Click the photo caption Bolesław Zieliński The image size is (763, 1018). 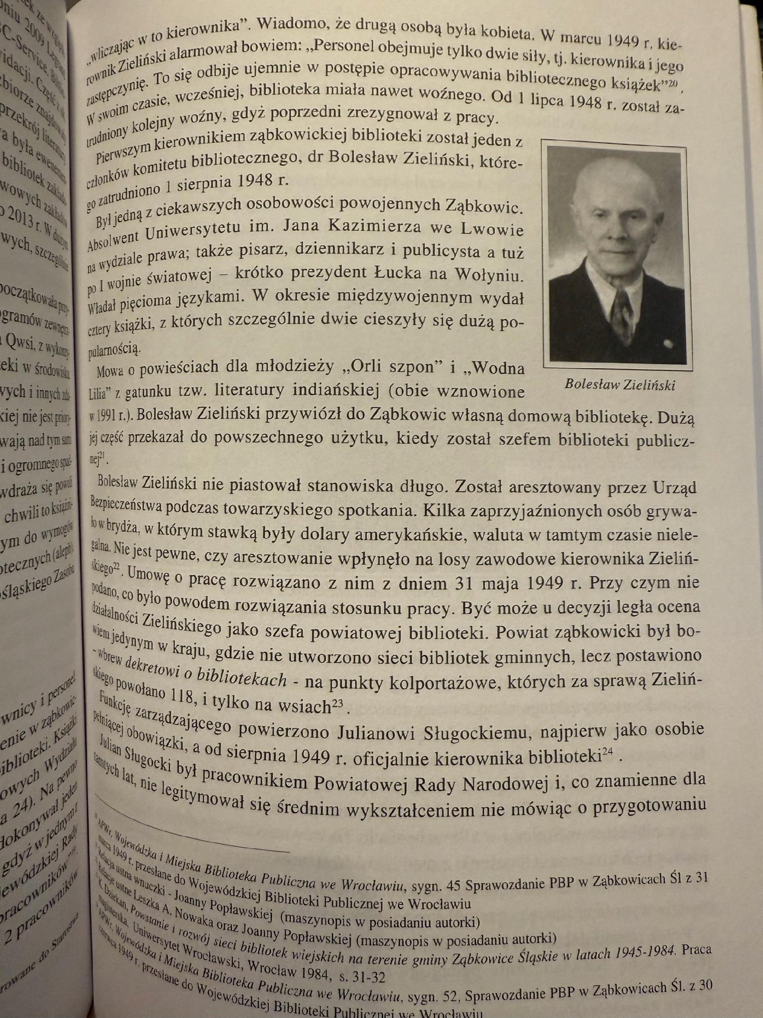619,384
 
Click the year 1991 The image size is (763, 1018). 106,415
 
